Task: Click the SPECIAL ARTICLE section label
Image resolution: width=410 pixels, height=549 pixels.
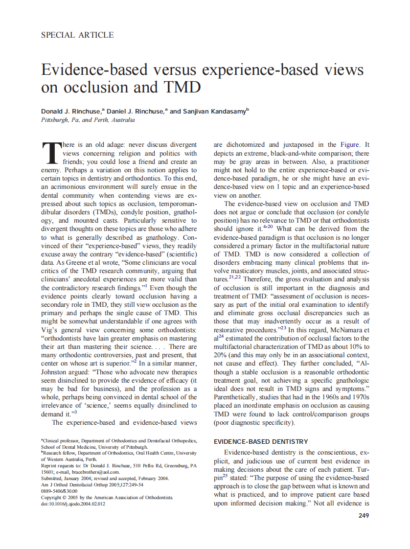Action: tap(77, 35)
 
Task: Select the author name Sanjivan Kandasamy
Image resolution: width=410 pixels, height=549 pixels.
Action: tap(214, 112)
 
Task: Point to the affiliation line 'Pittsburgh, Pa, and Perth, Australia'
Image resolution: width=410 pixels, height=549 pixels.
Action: tap(88, 120)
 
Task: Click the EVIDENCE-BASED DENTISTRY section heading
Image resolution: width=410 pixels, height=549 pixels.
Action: tap(261, 441)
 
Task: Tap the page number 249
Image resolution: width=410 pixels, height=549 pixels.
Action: tap(364, 515)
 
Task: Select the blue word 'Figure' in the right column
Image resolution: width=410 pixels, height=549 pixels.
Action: tap(339, 145)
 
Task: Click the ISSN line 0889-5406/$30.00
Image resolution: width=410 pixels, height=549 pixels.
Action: tap(59, 491)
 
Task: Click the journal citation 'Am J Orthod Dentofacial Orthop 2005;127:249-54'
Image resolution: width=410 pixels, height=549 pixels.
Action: tap(92, 484)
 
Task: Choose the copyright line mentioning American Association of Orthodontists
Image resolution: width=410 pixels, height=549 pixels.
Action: tap(107, 497)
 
